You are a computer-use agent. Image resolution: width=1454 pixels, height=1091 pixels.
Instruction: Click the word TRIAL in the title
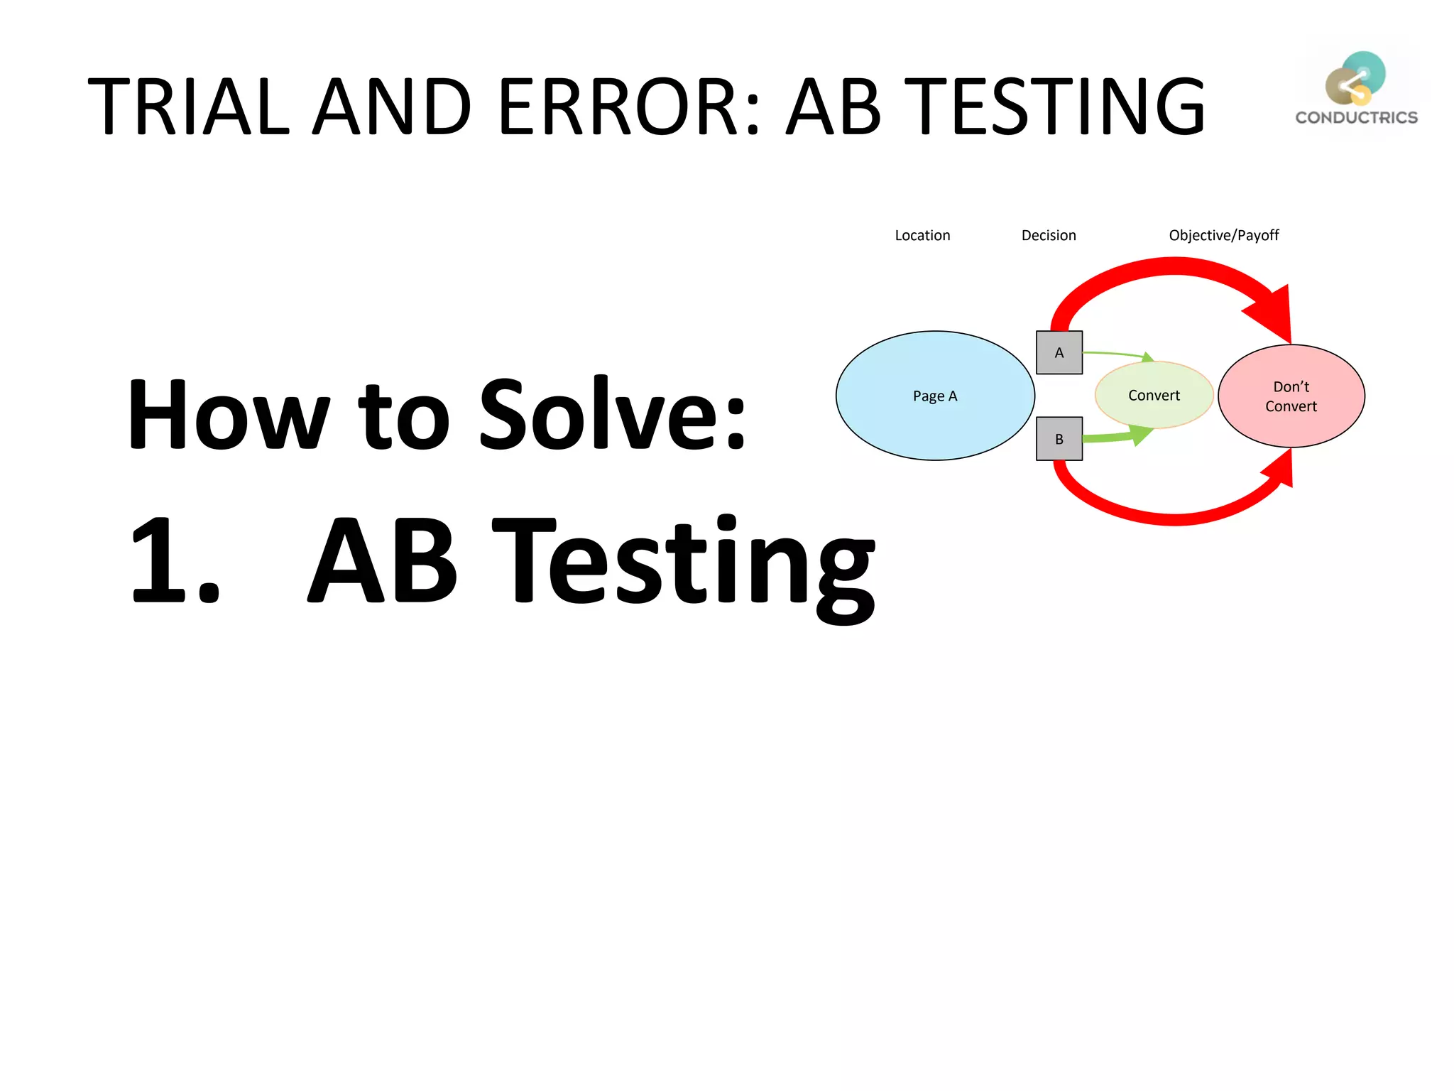[188, 107]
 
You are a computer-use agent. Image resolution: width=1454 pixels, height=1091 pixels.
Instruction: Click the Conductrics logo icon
[1355, 78]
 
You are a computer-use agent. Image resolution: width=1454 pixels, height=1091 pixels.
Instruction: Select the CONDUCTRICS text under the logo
[1356, 118]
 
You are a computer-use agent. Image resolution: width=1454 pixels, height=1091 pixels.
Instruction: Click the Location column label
[922, 235]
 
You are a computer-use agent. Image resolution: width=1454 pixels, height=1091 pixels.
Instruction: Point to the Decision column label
[1049, 235]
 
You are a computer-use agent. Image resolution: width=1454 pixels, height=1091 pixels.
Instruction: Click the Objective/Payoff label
[1223, 235]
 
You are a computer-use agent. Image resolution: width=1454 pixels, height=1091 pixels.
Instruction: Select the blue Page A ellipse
[935, 396]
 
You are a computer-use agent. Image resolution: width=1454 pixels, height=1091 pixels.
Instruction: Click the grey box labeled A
[1059, 352]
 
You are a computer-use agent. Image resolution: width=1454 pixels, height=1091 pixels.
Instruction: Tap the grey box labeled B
[1059, 439]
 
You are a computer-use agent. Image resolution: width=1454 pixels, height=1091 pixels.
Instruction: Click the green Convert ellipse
[1154, 395]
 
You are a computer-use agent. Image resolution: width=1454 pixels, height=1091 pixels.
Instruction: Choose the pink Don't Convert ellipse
[1291, 396]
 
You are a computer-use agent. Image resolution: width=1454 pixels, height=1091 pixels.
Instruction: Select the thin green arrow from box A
[1115, 353]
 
